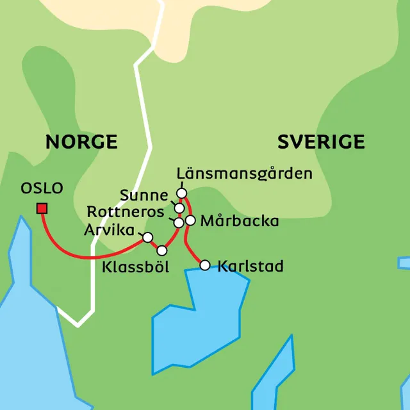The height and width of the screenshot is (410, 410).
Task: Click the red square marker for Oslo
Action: point(42,208)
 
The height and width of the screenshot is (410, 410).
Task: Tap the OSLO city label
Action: point(42,188)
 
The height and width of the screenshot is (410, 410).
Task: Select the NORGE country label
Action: point(81,142)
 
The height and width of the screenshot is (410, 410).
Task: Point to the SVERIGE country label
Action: point(321,142)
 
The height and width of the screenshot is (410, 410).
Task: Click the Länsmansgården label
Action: point(244,174)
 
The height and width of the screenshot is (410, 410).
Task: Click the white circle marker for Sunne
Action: point(179,208)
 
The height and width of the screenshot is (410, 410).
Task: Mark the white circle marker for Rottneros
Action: point(179,222)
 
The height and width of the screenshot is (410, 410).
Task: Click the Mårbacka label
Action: point(240,222)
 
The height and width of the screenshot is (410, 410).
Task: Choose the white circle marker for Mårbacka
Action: point(190,220)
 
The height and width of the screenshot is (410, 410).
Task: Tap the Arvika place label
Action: point(110,229)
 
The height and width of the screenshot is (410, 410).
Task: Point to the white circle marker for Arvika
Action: point(147,237)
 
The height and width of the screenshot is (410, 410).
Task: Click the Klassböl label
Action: point(135,267)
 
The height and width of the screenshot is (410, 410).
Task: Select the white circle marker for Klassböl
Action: point(162,250)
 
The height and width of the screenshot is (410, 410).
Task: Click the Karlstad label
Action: point(250,266)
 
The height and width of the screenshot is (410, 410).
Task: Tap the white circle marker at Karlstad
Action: point(204,265)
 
